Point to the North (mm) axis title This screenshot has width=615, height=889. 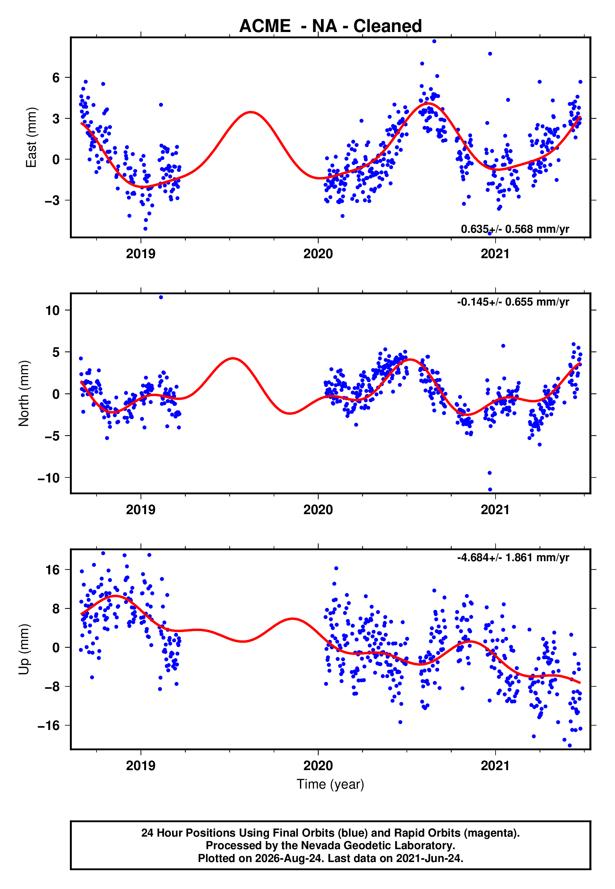[x=24, y=393]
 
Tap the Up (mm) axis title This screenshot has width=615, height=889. [x=24, y=649]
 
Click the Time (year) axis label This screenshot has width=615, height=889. [x=330, y=785]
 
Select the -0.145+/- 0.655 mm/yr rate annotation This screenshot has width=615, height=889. [x=513, y=302]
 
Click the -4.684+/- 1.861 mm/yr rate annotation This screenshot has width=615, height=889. [x=513, y=558]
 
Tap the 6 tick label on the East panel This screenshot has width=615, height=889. [x=56, y=77]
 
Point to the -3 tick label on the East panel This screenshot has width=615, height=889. [x=52, y=200]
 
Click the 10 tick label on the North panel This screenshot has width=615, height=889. [x=52, y=310]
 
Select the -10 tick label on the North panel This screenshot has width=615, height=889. [x=49, y=478]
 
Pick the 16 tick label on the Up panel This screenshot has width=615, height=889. [x=52, y=570]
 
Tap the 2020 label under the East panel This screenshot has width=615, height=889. [x=318, y=254]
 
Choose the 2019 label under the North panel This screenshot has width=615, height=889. [x=141, y=510]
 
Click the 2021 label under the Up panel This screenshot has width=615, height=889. [x=495, y=766]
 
